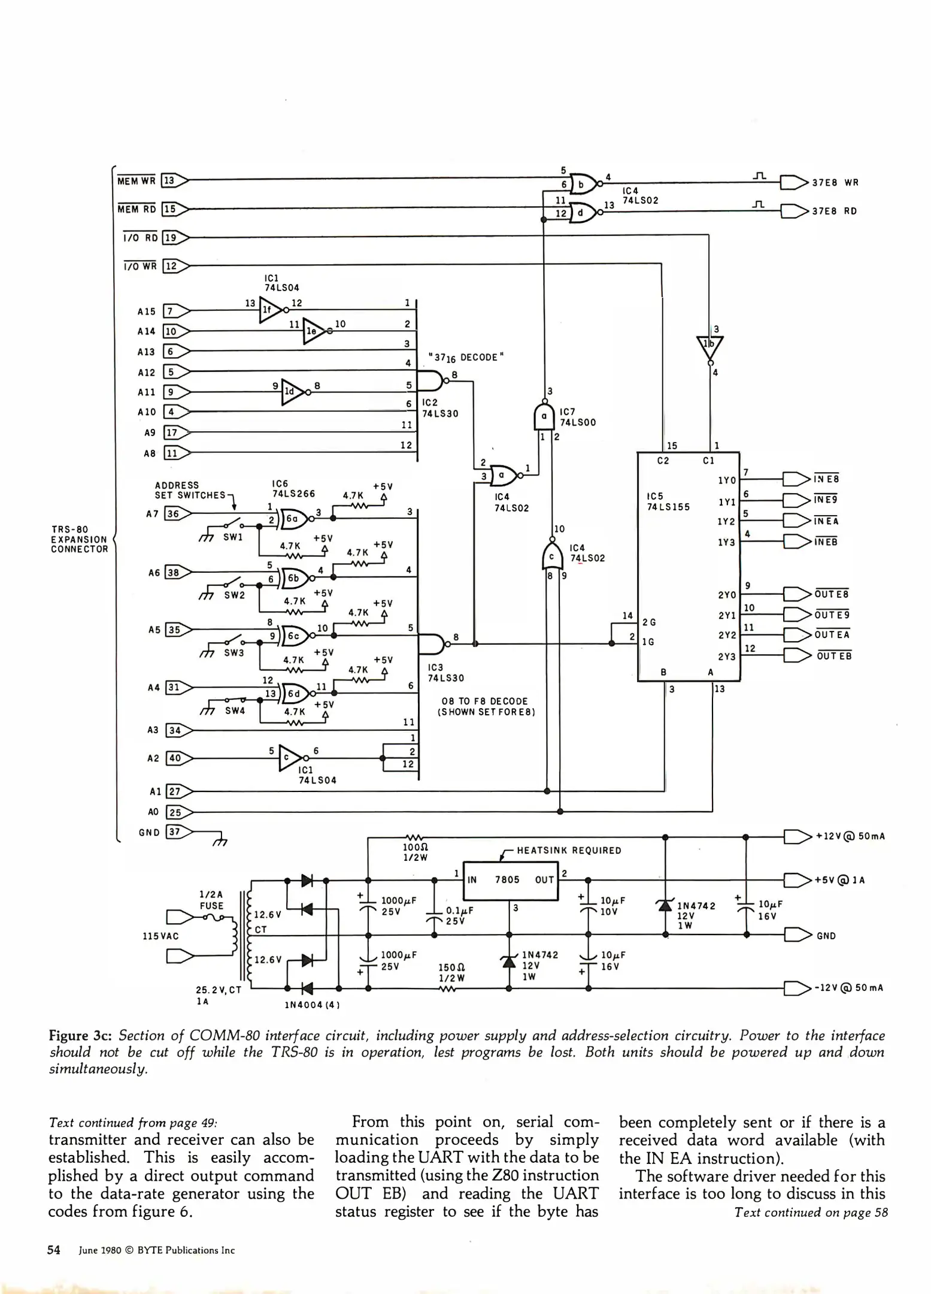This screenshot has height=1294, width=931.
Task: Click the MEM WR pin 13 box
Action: pyautogui.click(x=169, y=180)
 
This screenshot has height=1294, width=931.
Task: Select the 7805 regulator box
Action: pyautogui.click(x=511, y=880)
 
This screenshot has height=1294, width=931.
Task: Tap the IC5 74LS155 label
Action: pyautogui.click(x=668, y=501)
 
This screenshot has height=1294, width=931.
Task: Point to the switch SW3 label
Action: pyautogui.click(x=233, y=653)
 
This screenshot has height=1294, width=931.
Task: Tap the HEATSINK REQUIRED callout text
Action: pyautogui.click(x=569, y=850)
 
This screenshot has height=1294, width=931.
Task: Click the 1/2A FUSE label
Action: pyautogui.click(x=211, y=900)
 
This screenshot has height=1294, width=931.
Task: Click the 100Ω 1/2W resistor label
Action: pyautogui.click(x=416, y=852)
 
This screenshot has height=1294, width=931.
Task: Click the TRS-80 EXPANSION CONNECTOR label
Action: pyautogui.click(x=80, y=539)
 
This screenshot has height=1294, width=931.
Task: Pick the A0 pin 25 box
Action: pyautogui.click(x=175, y=812)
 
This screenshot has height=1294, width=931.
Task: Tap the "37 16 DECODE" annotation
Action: pyautogui.click(x=466, y=358)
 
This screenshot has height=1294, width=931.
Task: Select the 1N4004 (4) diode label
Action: pyautogui.click(x=312, y=1005)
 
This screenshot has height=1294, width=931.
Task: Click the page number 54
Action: pyautogui.click(x=54, y=1250)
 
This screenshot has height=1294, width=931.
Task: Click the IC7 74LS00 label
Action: pyautogui.click(x=577, y=417)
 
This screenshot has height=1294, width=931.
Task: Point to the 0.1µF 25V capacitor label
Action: pyautogui.click(x=459, y=915)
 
